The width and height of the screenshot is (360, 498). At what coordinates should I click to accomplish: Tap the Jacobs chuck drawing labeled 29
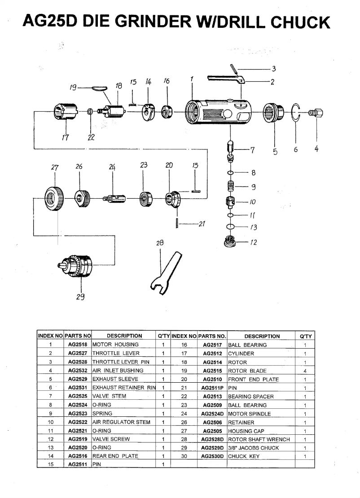(x=76, y=265)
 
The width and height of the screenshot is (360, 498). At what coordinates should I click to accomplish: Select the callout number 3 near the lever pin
(x=273, y=69)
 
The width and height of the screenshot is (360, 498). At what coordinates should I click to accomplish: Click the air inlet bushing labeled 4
(x=316, y=112)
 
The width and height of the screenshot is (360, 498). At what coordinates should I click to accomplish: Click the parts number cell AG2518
(x=77, y=345)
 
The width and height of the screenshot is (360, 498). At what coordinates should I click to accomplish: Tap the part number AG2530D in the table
(x=212, y=456)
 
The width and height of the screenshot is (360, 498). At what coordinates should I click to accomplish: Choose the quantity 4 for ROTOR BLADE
(x=305, y=371)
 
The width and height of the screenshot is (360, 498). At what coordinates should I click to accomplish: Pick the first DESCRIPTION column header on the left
(x=124, y=336)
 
